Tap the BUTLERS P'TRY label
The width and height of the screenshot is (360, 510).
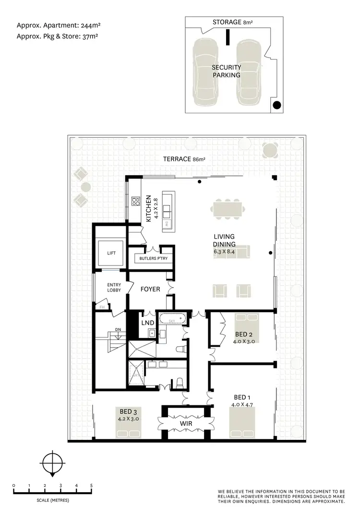pyautogui.click(x=151, y=258)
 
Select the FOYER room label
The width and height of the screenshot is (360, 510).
pyautogui.click(x=150, y=290)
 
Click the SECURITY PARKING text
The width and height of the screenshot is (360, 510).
pyautogui.click(x=227, y=71)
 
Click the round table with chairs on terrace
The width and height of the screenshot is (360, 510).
pyautogui.click(x=270, y=150)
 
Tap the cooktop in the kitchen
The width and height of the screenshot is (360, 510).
pyautogui.click(x=136, y=202)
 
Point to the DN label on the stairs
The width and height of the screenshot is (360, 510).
pyautogui.click(x=118, y=329)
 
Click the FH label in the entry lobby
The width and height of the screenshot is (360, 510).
pyautogui.click(x=101, y=307)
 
